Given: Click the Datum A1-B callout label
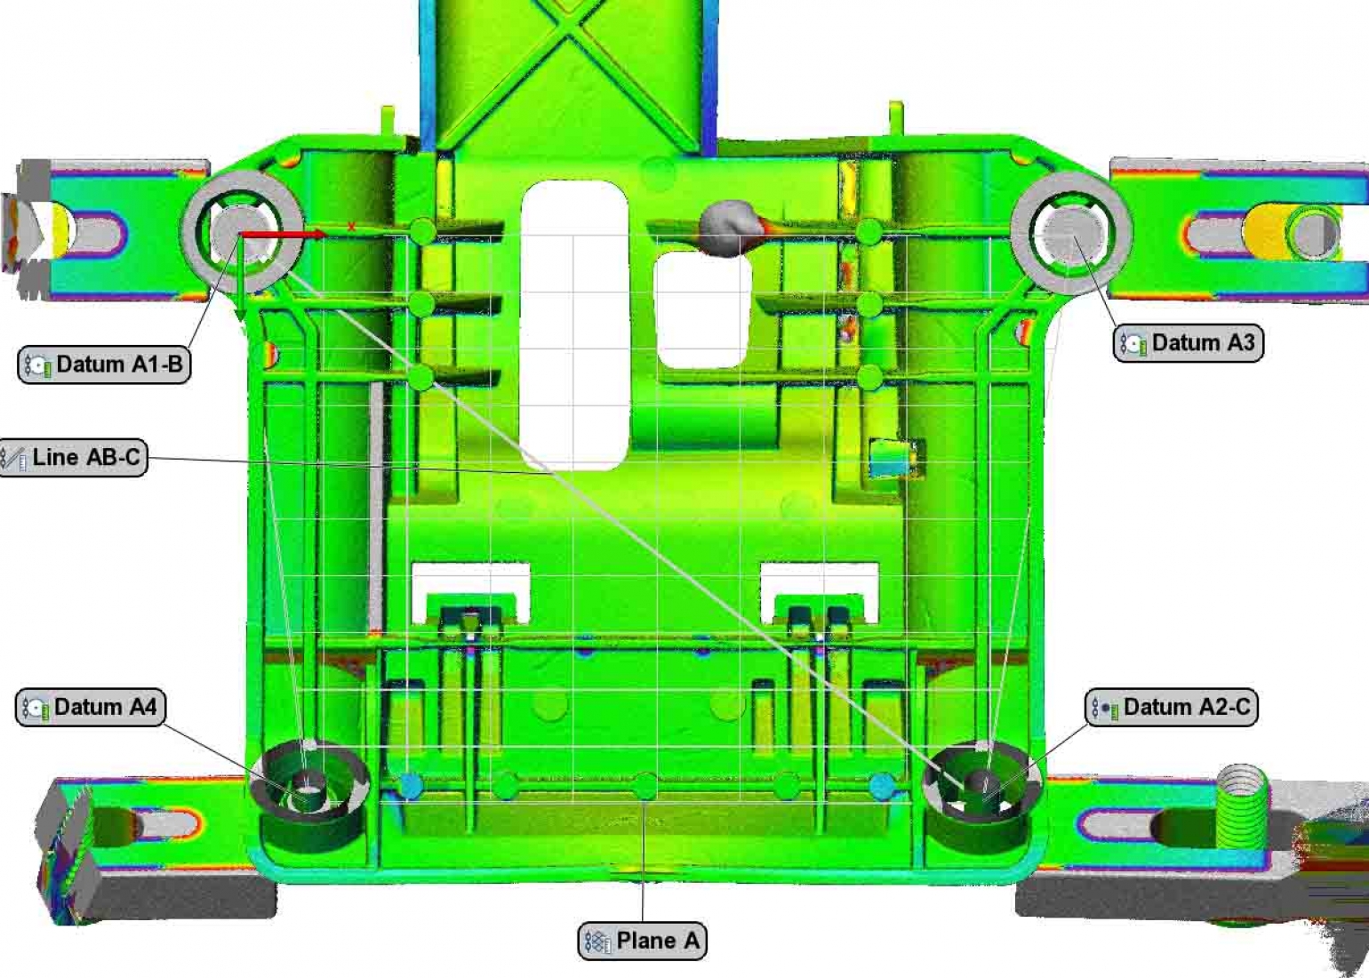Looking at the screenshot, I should pyautogui.click(x=104, y=365).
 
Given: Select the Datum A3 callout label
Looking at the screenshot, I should pyautogui.click(x=1188, y=343).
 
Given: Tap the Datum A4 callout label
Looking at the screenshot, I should pyautogui.click(x=91, y=708).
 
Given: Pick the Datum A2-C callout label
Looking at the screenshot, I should pyautogui.click(x=1172, y=708).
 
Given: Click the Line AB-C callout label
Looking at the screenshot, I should pyautogui.click(x=73, y=458).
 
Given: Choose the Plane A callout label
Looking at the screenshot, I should pyautogui.click(x=642, y=941).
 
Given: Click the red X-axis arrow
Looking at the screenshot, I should pyautogui.click(x=284, y=234).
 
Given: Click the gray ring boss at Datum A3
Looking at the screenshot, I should pyautogui.click(x=1072, y=233).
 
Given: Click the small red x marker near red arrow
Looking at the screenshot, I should pyautogui.click(x=351, y=227).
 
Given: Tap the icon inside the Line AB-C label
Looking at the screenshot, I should pyautogui.click(x=13, y=459).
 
